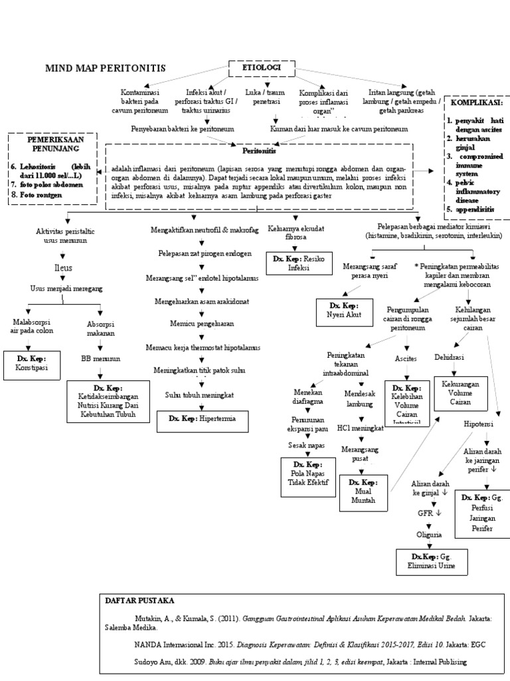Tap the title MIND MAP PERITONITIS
(x=105, y=68)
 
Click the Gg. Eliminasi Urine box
(x=432, y=561)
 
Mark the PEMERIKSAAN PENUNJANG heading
(x=53, y=146)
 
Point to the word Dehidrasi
(x=449, y=358)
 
